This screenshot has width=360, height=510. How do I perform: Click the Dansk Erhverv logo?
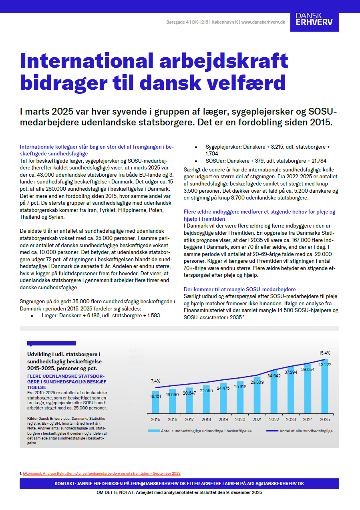[x=314, y=18]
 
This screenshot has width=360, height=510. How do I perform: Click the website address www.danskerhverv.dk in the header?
[x=263, y=22]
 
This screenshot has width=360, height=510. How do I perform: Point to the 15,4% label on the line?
[x=324, y=353]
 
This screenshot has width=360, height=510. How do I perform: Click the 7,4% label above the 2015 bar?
[x=155, y=381]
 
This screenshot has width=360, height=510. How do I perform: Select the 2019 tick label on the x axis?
[x=223, y=419]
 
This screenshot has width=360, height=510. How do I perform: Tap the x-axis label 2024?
[x=307, y=419]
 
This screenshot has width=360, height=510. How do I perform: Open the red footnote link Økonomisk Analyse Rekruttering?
[x=102, y=473]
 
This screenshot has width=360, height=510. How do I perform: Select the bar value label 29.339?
[x=257, y=382]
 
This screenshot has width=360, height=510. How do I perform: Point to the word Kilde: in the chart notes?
[x=32, y=418]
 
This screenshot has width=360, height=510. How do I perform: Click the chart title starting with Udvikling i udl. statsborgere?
[x=63, y=361]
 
